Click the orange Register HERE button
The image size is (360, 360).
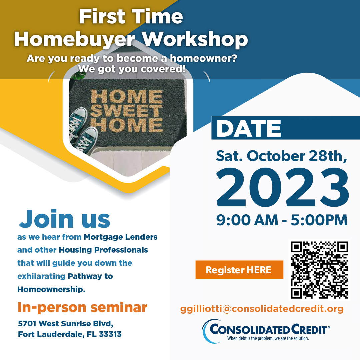pos(239,270)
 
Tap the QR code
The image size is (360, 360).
pos(319,270)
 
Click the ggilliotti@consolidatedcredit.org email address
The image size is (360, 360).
pos(262,309)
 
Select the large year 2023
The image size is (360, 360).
pos(282,187)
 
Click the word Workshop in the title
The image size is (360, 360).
pos(195,39)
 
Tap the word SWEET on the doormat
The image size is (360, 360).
pos(127,111)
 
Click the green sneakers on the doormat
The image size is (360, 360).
pos(83,130)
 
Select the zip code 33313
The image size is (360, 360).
pos(110,334)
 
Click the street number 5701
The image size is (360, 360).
pos(27,323)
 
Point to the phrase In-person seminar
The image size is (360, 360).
pos(82,308)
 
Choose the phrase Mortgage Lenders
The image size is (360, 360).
pos(121,237)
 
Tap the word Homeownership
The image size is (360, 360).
pos(51,289)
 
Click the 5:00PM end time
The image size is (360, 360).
pos(319,220)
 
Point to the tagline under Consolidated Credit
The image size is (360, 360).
pos(268,338)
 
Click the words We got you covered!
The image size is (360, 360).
pos(132,69)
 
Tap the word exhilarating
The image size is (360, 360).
pos(42,276)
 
